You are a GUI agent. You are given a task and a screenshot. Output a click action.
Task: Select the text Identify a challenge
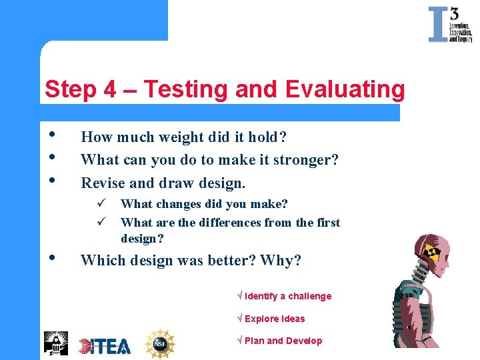[287, 296]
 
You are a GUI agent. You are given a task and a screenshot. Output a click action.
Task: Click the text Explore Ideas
[274, 319]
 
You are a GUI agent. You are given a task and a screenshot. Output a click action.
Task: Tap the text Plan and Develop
[283, 341]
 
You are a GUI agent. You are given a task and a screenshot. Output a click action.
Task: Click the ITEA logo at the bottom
[105, 345]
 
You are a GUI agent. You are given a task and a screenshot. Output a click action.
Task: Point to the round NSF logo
[160, 343]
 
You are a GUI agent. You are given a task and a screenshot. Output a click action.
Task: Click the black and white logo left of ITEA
[56, 343]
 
